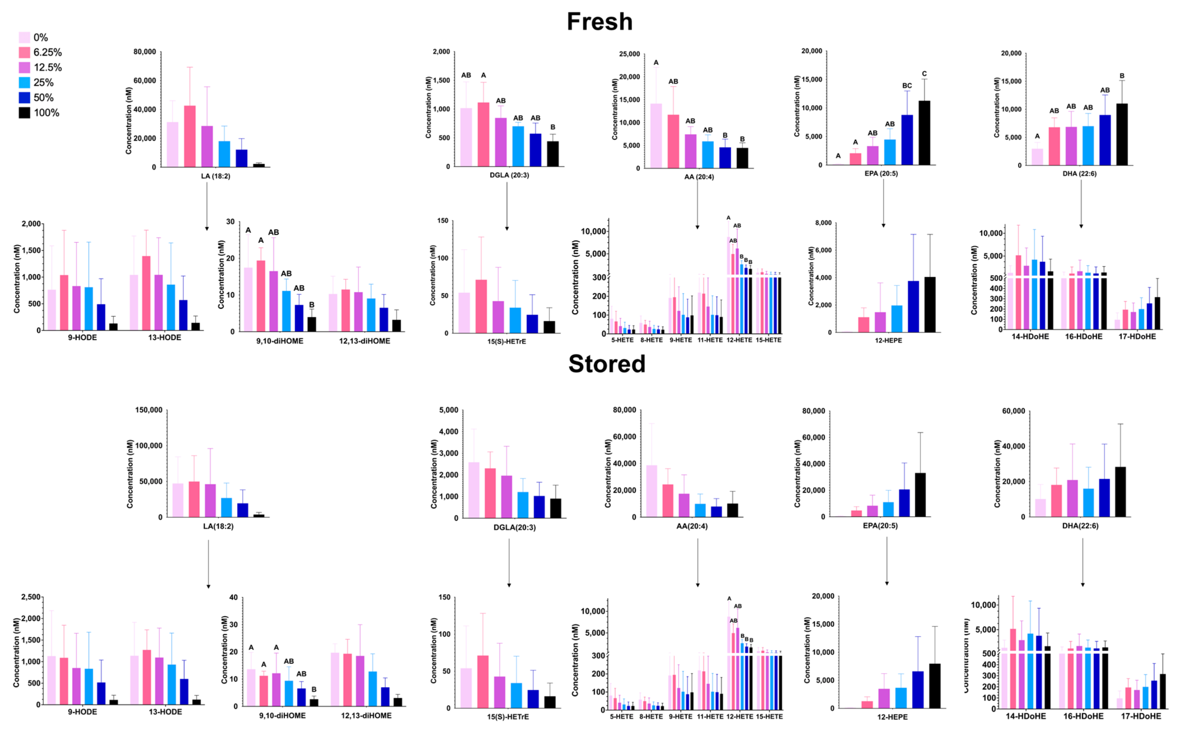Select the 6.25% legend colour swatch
pos(24,52)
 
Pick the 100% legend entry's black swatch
pos(24,113)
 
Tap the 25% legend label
pos(43,83)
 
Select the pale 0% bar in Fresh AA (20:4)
pos(656,136)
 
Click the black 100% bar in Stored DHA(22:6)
pos(1120,492)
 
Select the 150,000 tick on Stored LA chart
pos(148,410)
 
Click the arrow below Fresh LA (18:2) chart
pos(207,205)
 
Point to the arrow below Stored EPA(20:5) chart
pos(887,561)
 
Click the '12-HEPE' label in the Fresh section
pos(888,340)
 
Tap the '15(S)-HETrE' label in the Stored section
pos(508,716)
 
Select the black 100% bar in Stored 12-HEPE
pos(934,686)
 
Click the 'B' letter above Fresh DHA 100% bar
pos(1122,76)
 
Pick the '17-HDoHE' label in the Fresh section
pos(1137,336)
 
